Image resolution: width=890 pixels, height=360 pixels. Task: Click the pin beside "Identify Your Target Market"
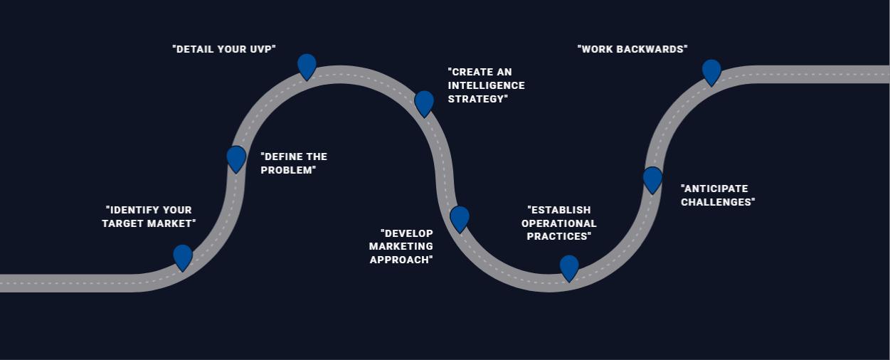tap(183, 256)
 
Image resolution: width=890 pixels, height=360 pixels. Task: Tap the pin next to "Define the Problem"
tap(236, 158)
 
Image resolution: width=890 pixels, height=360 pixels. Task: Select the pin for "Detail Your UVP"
tap(307, 65)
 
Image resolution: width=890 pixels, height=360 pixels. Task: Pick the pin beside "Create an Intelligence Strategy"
tap(424, 102)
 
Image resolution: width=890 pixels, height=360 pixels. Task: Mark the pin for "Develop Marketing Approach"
tap(460, 218)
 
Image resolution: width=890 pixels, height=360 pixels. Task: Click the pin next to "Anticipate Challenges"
tap(652, 179)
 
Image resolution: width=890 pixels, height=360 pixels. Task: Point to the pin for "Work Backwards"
tap(711, 71)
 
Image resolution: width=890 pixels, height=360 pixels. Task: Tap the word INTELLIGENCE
tap(487, 85)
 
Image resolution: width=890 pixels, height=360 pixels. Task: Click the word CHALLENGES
tap(716, 202)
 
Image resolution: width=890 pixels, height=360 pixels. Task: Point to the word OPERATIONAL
tap(559, 223)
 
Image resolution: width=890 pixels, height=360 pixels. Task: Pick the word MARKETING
tap(401, 246)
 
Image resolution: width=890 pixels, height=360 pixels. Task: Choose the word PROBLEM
tap(287, 170)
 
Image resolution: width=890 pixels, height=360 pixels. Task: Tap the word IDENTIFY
tap(135, 210)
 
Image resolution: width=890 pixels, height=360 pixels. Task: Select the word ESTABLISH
tap(561, 210)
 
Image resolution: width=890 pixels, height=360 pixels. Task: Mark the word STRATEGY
tap(477, 99)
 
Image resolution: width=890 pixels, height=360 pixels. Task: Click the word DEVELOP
tap(408, 233)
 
